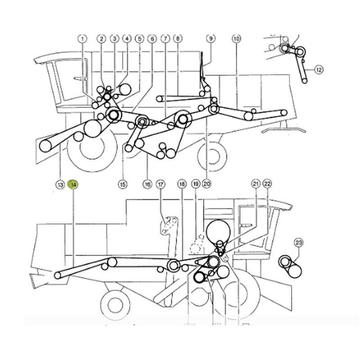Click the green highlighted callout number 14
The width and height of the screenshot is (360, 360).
coord(73,184)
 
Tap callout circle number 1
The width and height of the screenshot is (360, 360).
coord(82,39)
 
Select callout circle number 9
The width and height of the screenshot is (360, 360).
coord(211,38)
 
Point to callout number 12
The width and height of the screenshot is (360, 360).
coord(319,70)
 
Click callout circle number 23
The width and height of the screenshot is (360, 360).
coord(298,243)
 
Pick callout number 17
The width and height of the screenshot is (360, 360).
coord(161,184)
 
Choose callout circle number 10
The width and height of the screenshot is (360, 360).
coord(237,39)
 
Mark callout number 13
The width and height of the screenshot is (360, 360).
coord(60,184)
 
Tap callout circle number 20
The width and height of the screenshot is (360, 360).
coord(207,184)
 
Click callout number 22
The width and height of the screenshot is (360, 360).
coord(267,184)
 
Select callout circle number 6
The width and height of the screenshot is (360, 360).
coord(152,39)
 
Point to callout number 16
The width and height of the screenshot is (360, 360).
coord(147,184)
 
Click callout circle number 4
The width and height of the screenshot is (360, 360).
coord(127,38)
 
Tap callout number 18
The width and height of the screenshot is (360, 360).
coord(182,184)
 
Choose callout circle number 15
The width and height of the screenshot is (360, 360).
coord(122,184)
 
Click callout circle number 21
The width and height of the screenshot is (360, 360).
coord(256,184)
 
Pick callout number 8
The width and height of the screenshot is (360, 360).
coord(178,38)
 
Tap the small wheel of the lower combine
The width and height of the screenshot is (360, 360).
coord(115,306)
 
